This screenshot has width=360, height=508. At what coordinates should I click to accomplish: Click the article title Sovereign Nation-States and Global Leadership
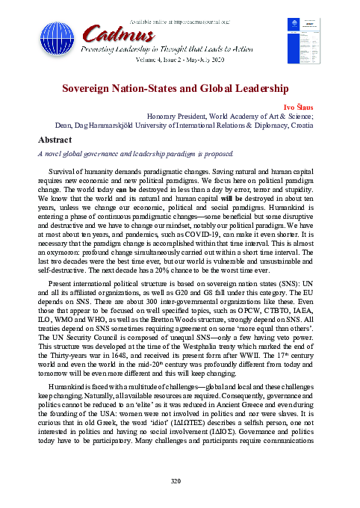click(x=180, y=88)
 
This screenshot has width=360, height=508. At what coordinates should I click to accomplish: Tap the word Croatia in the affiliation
click(x=308, y=126)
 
